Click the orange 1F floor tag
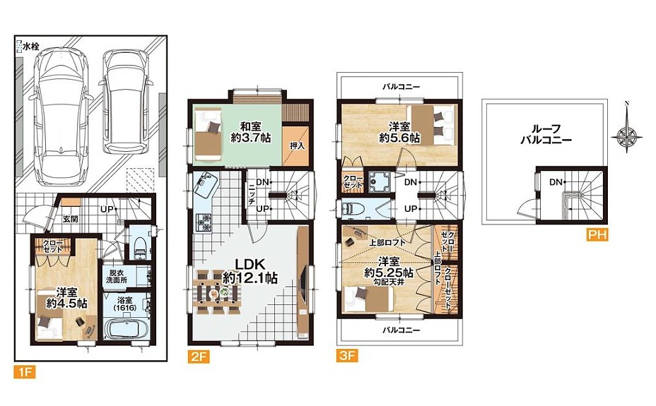point(25,371)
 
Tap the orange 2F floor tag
point(199,357)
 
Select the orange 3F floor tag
point(348,356)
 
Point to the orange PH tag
point(597,234)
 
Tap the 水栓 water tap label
point(31,47)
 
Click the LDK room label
point(250,264)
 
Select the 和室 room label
point(251,126)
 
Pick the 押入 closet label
point(297,146)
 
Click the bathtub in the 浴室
point(124,330)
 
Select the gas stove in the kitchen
point(204,222)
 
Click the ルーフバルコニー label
point(546,134)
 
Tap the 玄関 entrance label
point(70,219)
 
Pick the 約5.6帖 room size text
point(399,138)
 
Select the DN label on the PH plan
point(556,182)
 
